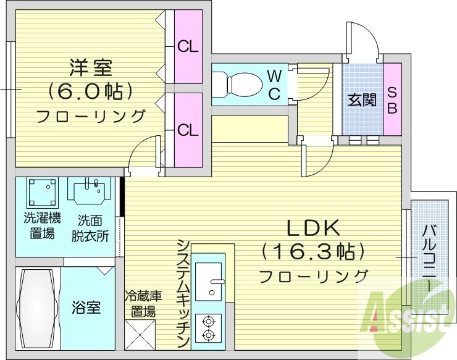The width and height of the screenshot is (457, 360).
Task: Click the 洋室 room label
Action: click(90, 65)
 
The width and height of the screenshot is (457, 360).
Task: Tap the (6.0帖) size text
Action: click(90, 91)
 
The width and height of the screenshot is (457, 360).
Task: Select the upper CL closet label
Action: click(188, 46)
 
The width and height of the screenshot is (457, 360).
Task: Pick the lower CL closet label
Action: click(188, 130)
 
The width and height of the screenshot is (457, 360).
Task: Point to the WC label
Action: click(275, 85)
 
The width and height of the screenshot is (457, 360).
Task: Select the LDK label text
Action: click(313, 228)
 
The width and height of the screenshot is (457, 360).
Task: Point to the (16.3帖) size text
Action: click(313, 251)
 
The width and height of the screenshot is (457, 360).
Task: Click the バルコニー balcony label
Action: click(428, 259)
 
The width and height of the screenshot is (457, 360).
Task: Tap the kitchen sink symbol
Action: click(209, 281)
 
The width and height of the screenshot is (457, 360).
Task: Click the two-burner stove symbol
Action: click(209, 327)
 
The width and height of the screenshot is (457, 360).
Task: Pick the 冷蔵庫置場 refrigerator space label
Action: click(143, 303)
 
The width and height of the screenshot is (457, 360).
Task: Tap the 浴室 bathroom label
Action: click(86, 308)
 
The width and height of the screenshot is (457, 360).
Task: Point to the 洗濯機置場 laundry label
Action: click(41, 225)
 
